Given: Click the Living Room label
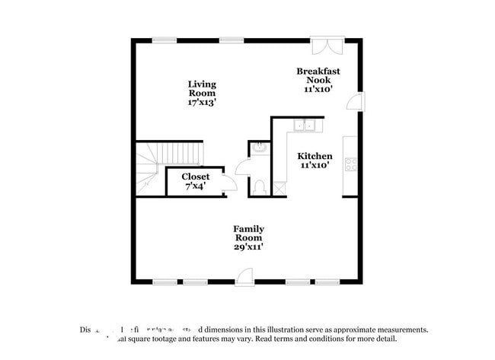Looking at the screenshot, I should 202,88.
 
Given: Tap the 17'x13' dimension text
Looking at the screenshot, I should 202,101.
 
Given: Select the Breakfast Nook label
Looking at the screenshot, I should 318,75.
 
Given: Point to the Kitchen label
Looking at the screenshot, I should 315,156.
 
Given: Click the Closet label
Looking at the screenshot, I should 195,177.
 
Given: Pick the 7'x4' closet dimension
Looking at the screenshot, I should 195,186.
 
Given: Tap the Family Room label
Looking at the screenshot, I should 248,233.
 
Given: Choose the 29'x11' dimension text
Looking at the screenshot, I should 248,246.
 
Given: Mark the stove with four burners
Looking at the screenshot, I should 351,164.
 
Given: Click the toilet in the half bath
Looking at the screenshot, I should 260,186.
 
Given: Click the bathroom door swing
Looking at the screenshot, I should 244,166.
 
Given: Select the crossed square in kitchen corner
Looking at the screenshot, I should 279,186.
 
